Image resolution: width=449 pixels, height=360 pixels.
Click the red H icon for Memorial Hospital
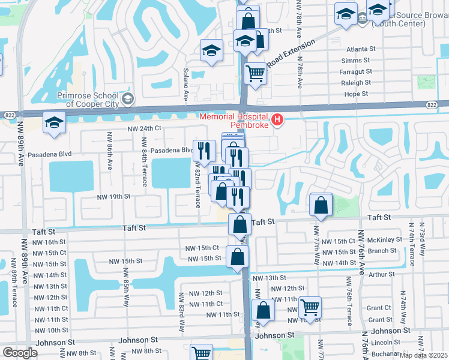[x=277, y=121]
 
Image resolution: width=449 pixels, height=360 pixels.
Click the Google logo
[x=19, y=353]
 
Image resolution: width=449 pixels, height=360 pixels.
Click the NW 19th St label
[x=113, y=196]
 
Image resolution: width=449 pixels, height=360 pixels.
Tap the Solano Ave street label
[x=186, y=84]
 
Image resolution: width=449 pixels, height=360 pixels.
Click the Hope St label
[x=356, y=94]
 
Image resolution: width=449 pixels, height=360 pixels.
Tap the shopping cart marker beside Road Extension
[x=256, y=73]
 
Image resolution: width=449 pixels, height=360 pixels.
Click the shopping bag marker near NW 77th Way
[x=322, y=205]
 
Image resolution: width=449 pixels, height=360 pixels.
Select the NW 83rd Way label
[x=181, y=311]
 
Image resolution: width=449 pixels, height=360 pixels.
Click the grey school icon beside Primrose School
[x=127, y=98]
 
